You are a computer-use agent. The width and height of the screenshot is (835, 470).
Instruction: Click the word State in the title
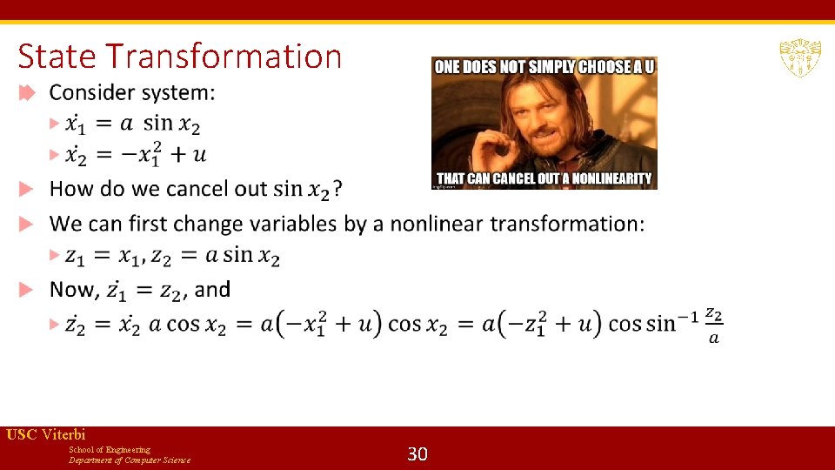pyautogui.click(x=57, y=57)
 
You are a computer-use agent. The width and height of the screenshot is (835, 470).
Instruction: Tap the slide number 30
pyautogui.click(x=417, y=453)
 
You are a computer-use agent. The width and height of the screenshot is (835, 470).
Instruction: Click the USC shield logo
pyautogui.click(x=799, y=59)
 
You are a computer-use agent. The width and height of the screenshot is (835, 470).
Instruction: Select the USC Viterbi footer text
pyautogui.click(x=45, y=434)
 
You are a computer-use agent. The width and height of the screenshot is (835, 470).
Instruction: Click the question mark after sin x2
pyautogui.click(x=337, y=188)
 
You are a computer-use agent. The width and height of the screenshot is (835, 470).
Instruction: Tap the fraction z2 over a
pyautogui.click(x=713, y=323)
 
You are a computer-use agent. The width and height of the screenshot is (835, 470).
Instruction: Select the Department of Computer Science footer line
pyautogui.click(x=130, y=460)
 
